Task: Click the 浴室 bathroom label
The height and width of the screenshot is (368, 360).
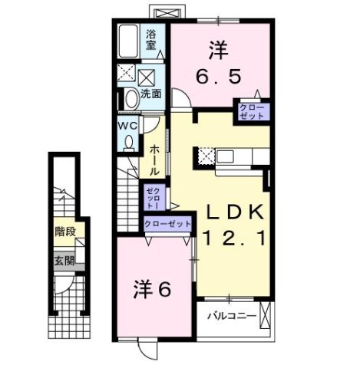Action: point(151,39)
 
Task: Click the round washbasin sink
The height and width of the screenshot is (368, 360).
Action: point(130,97)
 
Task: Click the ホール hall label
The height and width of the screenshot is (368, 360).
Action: point(154,160)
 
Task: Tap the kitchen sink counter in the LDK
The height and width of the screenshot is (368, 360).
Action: point(238,156)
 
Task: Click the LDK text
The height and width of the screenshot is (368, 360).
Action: point(235,211)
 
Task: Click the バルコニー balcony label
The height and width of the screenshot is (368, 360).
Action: point(230,315)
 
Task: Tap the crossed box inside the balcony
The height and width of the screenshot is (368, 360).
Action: point(266,315)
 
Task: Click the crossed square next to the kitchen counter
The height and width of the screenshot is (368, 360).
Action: point(206,156)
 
